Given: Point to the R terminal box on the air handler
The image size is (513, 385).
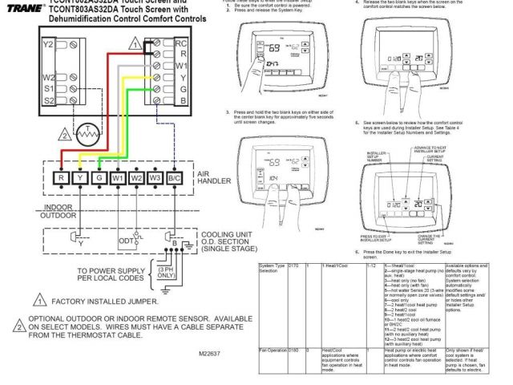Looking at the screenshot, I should tap(60, 177).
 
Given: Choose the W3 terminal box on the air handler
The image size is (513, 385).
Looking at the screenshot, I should tap(155, 177).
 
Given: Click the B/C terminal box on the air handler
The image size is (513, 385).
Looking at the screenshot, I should tap(174, 177).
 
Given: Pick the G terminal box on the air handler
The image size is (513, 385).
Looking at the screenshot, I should tap(99, 177).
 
